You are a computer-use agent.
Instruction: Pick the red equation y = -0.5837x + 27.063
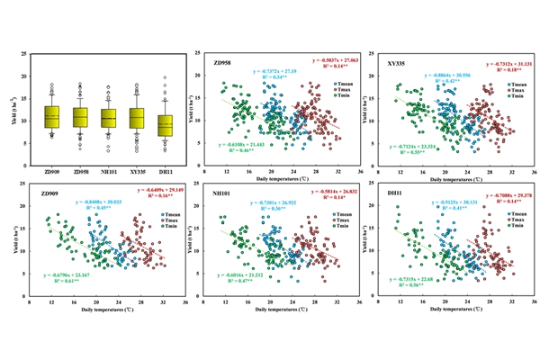coord(333,62)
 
